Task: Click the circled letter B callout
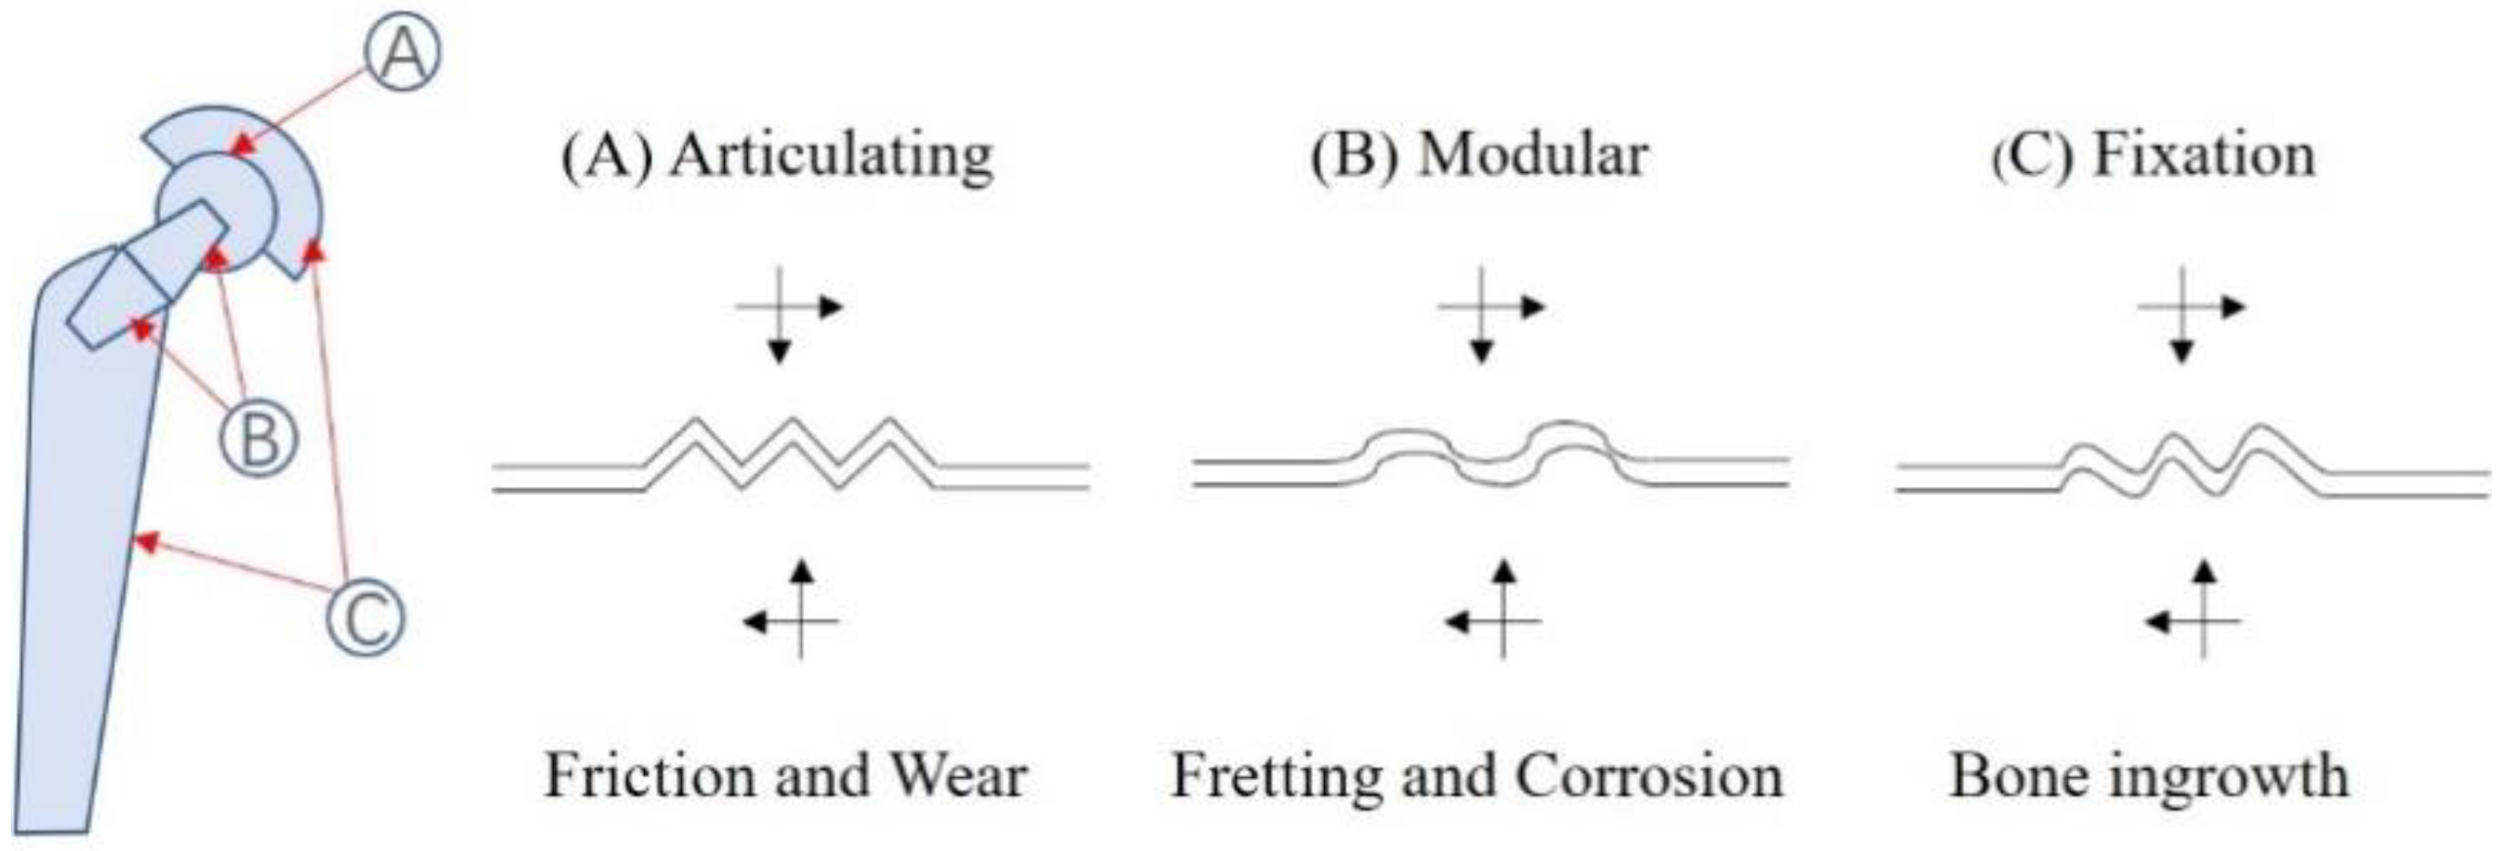tap(258, 438)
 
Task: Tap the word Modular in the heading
tap(1531, 154)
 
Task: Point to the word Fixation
tap(2204, 154)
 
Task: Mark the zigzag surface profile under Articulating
tap(791, 453)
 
